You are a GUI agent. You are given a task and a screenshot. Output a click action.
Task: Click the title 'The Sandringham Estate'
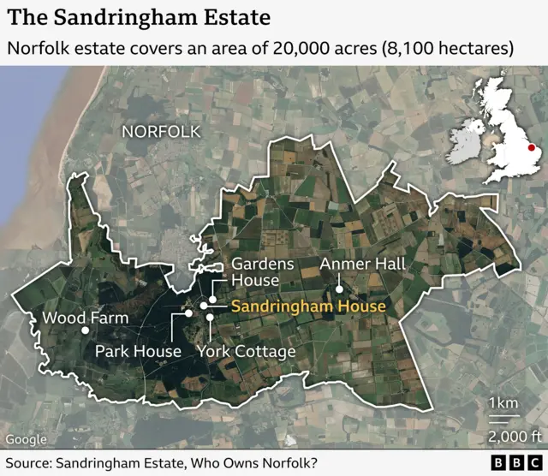click(x=140, y=17)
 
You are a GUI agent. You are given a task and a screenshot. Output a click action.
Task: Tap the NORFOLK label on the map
click(x=161, y=132)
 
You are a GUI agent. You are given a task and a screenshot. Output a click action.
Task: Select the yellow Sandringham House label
click(x=309, y=305)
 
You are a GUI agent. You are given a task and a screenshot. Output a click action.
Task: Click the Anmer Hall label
click(x=363, y=264)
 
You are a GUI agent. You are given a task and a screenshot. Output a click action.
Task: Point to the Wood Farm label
click(x=86, y=318)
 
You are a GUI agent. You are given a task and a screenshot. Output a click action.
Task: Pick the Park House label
click(x=138, y=351)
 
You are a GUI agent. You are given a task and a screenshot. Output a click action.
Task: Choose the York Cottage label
click(x=247, y=351)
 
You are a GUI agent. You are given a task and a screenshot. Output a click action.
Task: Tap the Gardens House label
click(x=263, y=272)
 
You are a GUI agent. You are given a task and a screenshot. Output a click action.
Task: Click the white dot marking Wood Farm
click(x=85, y=330)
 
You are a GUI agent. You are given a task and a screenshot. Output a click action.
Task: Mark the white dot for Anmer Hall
click(x=339, y=289)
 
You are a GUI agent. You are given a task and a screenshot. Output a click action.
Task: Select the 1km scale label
click(x=502, y=403)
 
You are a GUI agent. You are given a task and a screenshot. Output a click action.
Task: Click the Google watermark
click(x=27, y=439)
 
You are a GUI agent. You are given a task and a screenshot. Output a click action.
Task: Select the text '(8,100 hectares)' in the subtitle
click(x=448, y=48)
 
